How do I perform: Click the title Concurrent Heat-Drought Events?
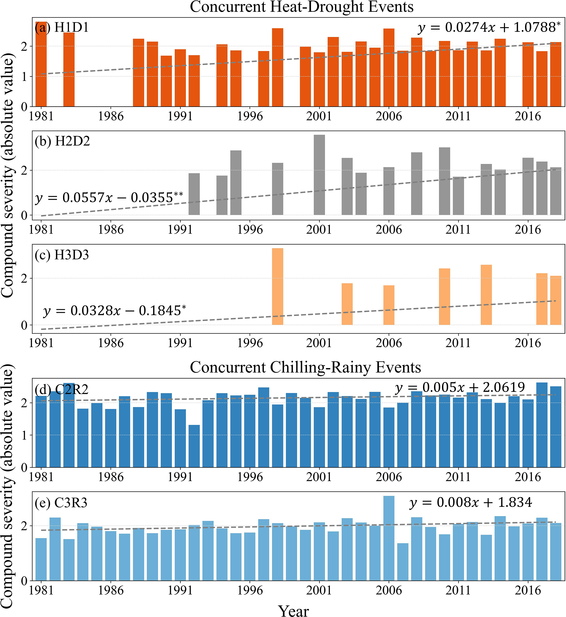click(301, 7)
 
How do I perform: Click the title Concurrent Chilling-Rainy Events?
click(305, 367)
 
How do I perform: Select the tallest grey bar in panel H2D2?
click(319, 175)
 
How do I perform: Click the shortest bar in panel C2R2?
click(194, 446)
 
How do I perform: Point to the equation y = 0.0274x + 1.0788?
click(489, 28)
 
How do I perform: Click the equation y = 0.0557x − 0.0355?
click(109, 198)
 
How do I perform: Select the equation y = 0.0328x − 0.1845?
click(114, 311)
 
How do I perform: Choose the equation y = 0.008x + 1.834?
click(471, 503)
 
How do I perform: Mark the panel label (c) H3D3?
click(62, 255)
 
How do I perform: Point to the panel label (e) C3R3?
click(61, 503)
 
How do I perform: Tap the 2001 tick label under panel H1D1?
click(319, 116)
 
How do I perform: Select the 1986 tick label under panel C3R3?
click(111, 590)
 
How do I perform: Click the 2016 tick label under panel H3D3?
click(527, 343)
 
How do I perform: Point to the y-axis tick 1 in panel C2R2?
click(24, 435)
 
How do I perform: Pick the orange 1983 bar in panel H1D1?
click(69, 70)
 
